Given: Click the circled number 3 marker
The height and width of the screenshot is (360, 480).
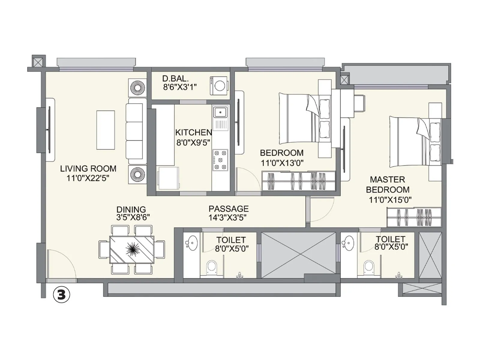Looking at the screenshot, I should click(61, 295).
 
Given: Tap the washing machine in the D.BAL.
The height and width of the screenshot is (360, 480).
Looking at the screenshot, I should click(219, 85).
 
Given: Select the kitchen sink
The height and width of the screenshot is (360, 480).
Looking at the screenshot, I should click(220, 113).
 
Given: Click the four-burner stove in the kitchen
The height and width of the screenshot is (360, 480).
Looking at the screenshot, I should click(220, 160).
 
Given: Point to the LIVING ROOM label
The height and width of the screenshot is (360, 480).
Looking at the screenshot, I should click(88, 169).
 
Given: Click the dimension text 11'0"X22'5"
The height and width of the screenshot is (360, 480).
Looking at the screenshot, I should click(88, 178).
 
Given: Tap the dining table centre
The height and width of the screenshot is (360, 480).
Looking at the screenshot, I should click(132, 250).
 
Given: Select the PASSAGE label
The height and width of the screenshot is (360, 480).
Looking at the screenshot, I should click(229, 209).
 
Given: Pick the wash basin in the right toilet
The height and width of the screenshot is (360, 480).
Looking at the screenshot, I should click(349, 243).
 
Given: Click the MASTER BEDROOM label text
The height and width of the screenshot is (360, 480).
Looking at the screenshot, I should click(388, 184).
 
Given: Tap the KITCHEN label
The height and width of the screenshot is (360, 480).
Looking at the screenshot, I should click(193, 132).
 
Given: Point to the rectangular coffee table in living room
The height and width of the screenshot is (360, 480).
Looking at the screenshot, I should click(106, 130).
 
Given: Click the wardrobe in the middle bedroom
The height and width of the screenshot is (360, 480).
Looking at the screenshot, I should click(298, 181).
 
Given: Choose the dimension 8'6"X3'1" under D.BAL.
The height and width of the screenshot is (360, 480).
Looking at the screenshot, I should click(180, 87).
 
